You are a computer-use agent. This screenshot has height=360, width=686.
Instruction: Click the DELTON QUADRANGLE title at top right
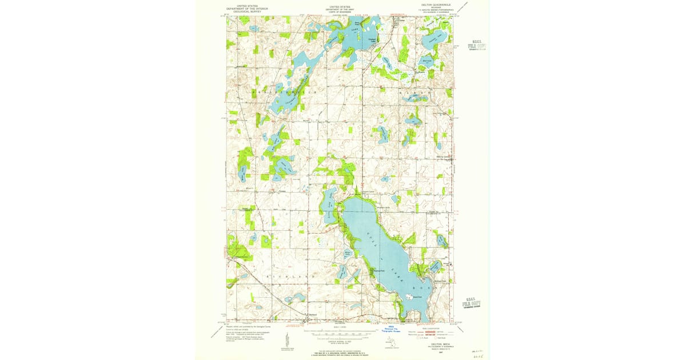coord(437,7)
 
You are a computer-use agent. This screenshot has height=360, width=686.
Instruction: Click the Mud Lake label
coord(426,59)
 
